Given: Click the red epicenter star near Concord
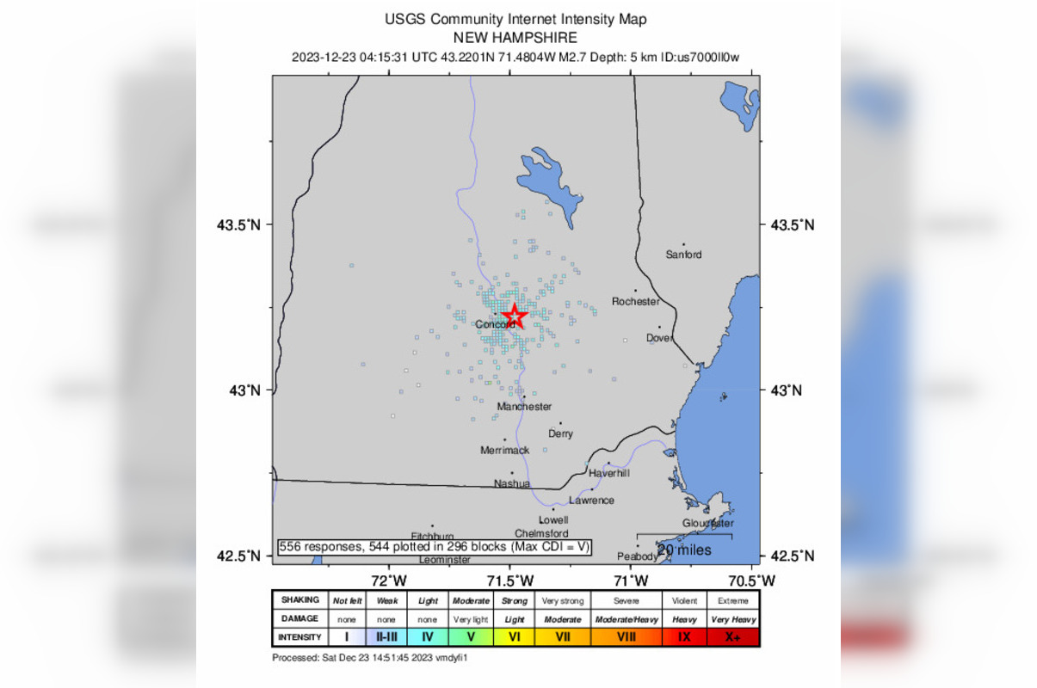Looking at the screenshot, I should point(514,316).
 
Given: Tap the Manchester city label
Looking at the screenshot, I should point(524,407).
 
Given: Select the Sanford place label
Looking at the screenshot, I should point(683,255).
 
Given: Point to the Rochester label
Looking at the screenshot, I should point(635,302).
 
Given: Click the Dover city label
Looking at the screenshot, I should point(660,338).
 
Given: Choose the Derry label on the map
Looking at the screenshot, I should point(560,434).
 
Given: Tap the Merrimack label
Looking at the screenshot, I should point(504,451).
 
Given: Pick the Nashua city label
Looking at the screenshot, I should point(511,483).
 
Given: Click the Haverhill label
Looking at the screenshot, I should point(609,474).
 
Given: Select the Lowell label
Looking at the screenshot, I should point(553,520).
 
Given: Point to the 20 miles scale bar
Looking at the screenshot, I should point(684,543).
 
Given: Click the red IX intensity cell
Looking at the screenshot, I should point(684,637).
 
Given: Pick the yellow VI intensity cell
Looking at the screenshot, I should point(514,637).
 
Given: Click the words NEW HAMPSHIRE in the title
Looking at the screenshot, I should point(515,38).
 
